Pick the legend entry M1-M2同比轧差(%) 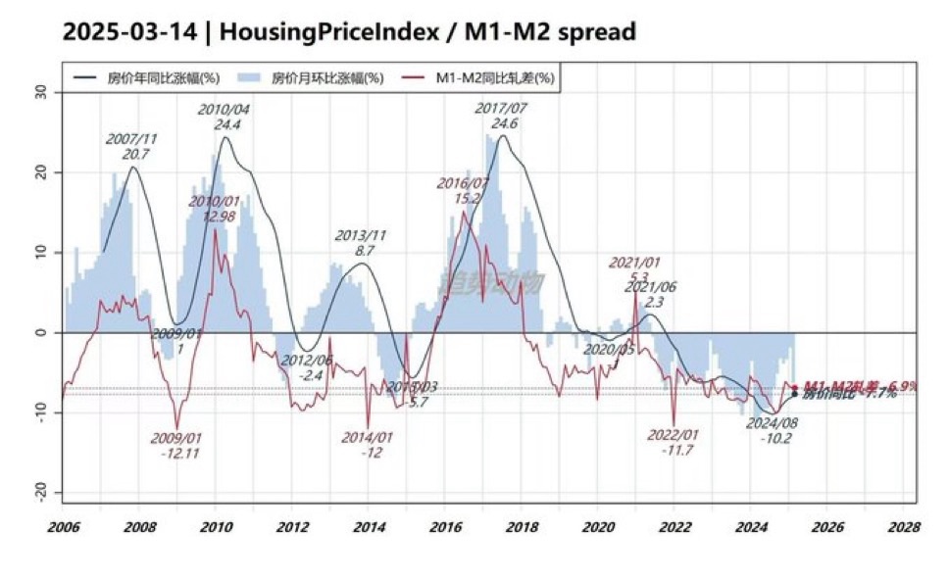tap(496, 77)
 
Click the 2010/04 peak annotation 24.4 tap(224, 124)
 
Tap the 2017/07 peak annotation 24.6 tap(502, 123)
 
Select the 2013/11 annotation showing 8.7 tap(363, 251)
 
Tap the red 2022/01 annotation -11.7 tap(674, 450)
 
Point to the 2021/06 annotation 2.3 tap(653, 303)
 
